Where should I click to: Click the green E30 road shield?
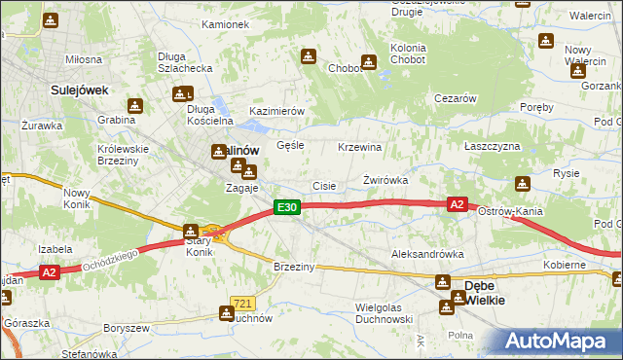(285, 207)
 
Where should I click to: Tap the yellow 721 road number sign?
(243, 305)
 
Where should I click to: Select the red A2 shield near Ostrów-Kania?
(458, 204)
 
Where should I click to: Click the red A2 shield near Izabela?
(51, 273)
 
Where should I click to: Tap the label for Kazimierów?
(277, 112)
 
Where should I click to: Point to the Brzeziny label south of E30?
(293, 268)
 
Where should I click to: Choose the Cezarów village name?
(455, 99)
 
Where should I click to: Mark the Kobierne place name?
(565, 265)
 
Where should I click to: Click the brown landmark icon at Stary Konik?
(191, 231)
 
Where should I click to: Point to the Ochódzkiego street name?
(103, 259)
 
